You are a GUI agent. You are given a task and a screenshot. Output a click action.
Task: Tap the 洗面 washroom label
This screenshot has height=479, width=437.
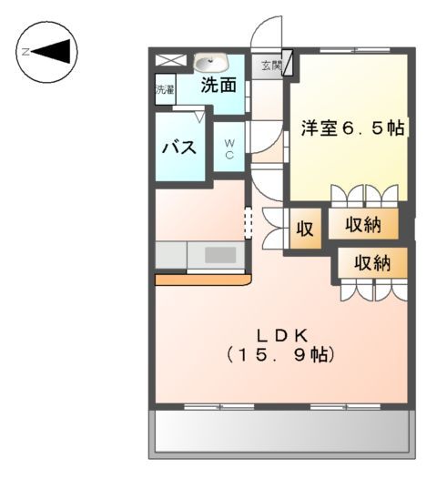pos(218,87)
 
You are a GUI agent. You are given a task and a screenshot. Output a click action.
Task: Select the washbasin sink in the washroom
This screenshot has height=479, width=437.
pos(210,63)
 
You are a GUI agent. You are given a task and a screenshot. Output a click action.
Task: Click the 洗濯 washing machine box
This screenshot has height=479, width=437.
pos(164,91)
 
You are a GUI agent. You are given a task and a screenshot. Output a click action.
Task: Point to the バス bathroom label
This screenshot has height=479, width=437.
pos(179,147)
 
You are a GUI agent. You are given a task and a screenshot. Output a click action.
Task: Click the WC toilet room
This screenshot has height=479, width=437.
pos(229,148)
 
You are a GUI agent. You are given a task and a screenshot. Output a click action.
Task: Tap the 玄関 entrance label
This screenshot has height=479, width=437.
pos(270,66)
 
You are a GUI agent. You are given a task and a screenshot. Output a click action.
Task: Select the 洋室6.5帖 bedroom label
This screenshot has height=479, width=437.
pos(353,128)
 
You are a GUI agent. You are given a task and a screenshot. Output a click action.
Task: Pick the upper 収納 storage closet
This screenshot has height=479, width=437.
pos(362,224)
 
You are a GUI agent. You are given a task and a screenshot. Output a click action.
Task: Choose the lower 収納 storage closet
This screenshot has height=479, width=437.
pos(372,263)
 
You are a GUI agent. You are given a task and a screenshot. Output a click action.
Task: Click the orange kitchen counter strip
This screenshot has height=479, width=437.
pos(202,280)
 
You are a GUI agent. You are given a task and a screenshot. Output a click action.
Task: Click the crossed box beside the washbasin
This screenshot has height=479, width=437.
pos(168,61)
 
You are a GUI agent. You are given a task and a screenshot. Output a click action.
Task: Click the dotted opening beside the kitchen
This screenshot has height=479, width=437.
pos(246,223)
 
